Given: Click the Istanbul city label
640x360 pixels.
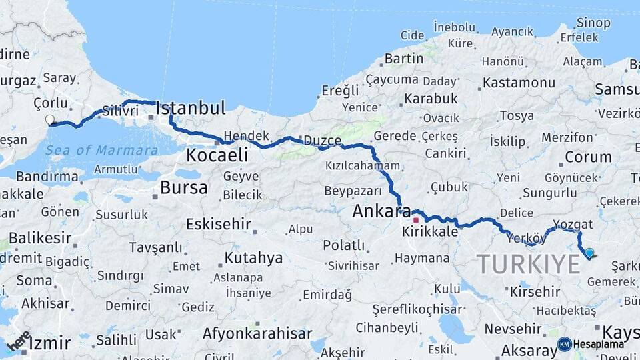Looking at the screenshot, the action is coord(191,108).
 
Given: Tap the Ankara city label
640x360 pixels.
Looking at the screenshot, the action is coord(381,212).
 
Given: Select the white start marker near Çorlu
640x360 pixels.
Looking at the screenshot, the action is coord(49,120).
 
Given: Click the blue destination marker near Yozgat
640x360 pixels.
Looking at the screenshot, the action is coord(589,253).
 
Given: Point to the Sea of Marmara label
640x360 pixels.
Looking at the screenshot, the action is coord(101,150).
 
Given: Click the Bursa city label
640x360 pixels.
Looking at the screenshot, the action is coord(183,187).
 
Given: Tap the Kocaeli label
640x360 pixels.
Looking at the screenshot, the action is coord(217,156).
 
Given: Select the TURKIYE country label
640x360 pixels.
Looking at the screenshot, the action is coord(528,264).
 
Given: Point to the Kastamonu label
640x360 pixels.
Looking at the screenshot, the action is coord(519,83).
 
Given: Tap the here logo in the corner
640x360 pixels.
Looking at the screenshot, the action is coord(19,341).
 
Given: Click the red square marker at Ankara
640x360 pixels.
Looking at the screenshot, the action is coord(415,219).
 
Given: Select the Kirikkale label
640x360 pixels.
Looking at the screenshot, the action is coord(430,232).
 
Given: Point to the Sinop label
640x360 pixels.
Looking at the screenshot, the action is coord(593,23).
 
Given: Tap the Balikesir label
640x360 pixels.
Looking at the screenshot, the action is coord(40,237).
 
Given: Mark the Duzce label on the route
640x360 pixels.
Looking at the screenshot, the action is coord(322,141).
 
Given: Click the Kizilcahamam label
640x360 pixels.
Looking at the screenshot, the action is coord(363,165).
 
